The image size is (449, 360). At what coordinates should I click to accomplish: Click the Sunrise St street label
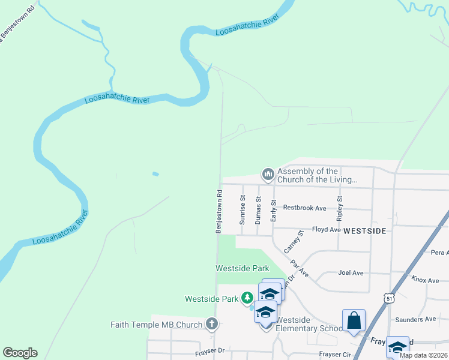point(243,209)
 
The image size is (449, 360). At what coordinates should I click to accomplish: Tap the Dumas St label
point(258,210)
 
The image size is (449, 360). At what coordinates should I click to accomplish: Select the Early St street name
point(273,211)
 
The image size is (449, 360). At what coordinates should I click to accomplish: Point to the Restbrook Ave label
point(304,208)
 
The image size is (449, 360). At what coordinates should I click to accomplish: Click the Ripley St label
point(340,206)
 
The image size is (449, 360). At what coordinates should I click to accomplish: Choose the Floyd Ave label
point(327,229)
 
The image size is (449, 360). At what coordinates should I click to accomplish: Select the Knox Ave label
point(425,279)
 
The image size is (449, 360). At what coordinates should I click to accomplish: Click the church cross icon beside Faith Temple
point(211,325)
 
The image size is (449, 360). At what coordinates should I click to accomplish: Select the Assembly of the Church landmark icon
point(268,175)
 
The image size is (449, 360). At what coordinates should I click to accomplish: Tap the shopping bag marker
point(354,320)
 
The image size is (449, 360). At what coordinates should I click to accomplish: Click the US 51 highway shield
point(390,298)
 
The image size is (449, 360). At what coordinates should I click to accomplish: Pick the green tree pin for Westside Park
point(247,298)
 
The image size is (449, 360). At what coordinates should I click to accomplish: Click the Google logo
point(20,353)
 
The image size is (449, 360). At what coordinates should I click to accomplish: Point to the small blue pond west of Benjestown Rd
point(156,174)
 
